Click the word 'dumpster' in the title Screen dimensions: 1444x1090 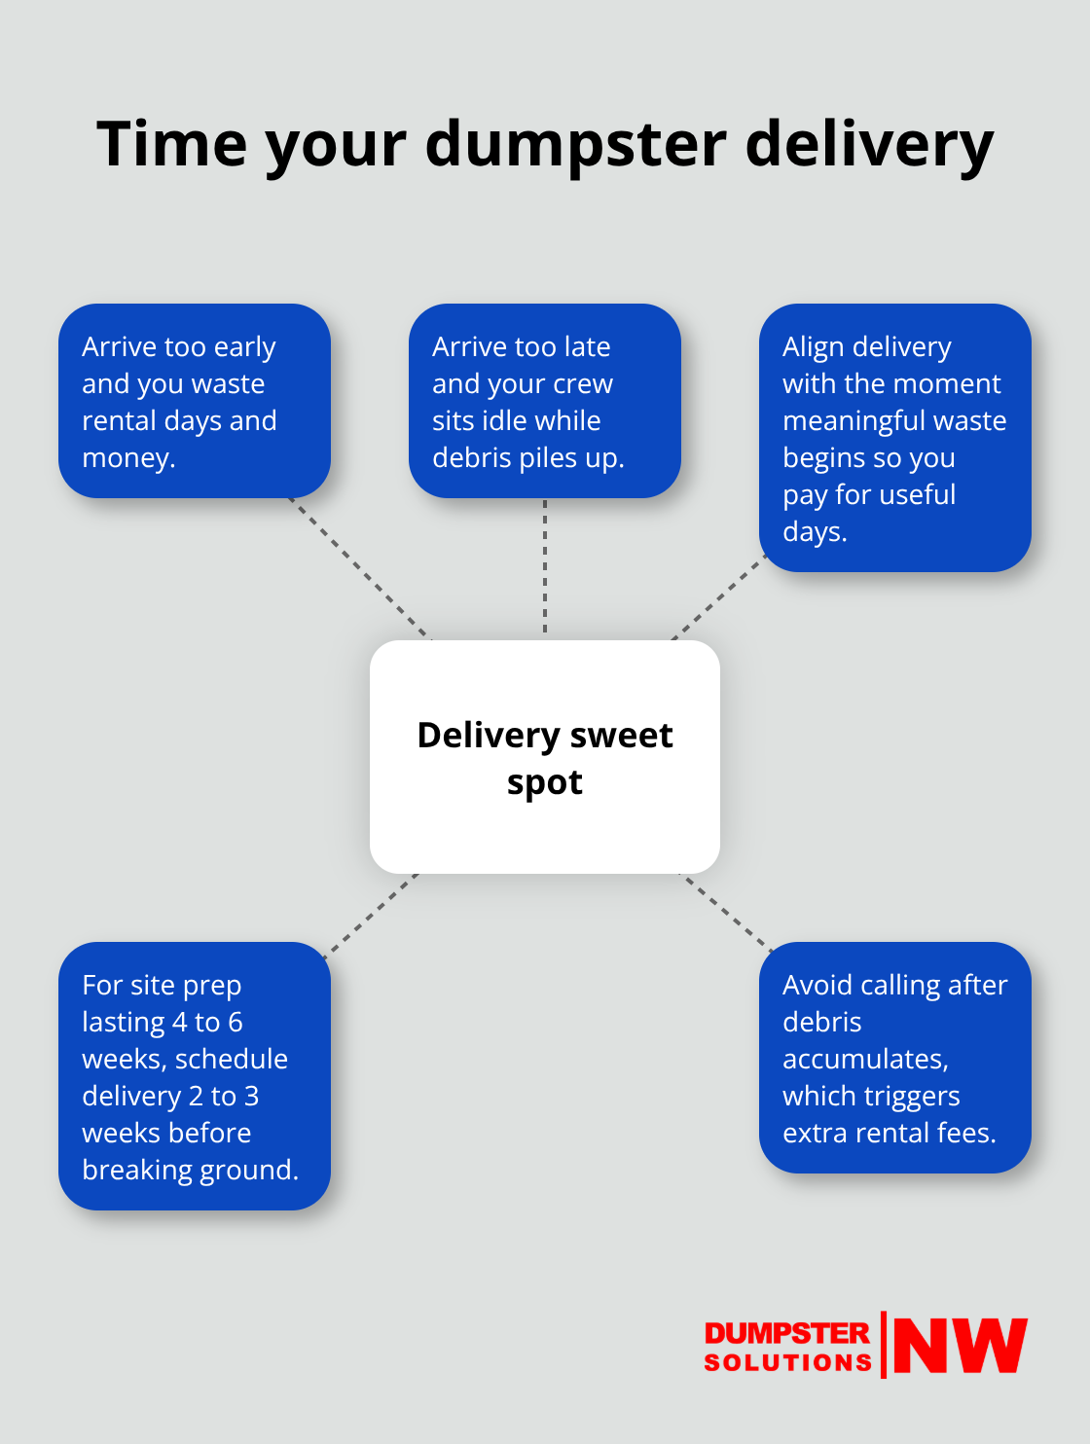[x=575, y=144]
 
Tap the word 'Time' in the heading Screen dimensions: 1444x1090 [x=172, y=144]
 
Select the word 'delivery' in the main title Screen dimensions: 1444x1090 [x=869, y=144]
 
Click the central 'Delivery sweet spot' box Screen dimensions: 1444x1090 [x=545, y=757]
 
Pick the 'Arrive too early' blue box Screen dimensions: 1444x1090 [x=195, y=401]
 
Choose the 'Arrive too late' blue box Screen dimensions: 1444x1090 [x=545, y=401]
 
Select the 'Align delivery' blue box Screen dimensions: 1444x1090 [x=894, y=438]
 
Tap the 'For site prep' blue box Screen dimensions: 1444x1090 [x=195, y=1076]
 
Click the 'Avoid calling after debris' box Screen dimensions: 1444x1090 [x=894, y=1058]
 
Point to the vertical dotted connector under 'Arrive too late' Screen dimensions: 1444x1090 [x=545, y=569]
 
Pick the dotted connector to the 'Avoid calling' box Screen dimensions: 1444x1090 [x=725, y=910]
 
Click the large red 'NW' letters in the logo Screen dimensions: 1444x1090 [x=960, y=1346]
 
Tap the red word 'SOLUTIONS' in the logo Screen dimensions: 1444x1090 [x=787, y=1362]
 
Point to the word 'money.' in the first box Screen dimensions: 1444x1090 [x=128, y=457]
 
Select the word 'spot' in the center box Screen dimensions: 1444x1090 [x=544, y=782]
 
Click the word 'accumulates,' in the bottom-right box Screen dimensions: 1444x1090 [x=865, y=1059]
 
